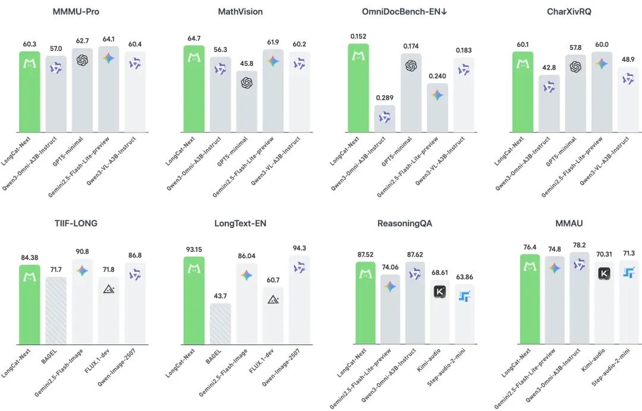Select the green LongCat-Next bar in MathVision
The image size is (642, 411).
[x=194, y=89]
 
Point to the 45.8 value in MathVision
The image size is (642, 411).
[x=247, y=65]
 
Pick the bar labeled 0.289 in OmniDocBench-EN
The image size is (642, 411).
[x=385, y=119]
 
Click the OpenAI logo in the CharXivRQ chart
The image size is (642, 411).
[x=575, y=67]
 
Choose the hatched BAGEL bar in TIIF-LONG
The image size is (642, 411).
[x=56, y=311]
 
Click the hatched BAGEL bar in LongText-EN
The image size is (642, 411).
[x=220, y=324]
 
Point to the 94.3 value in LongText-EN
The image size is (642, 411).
[x=299, y=249]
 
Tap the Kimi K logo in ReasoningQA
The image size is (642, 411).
[x=440, y=292]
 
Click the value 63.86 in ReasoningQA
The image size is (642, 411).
[x=465, y=277]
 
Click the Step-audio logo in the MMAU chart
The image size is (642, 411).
[x=629, y=273]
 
